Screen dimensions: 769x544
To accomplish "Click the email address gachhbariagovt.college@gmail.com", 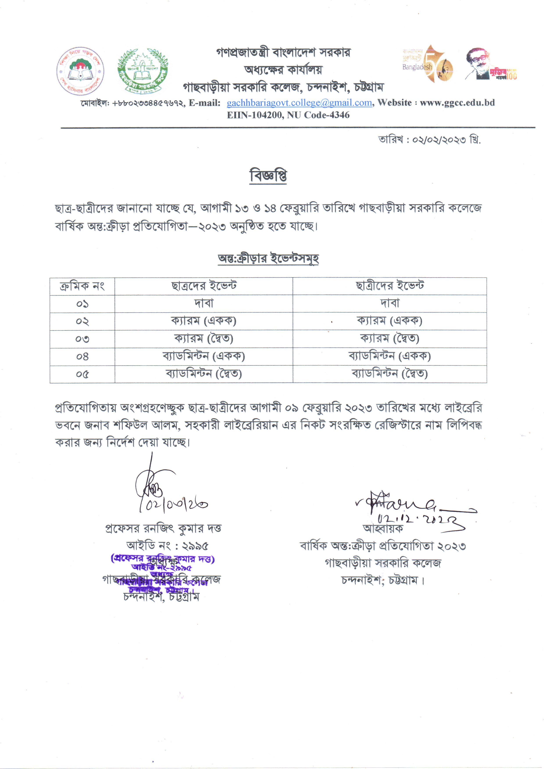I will click(x=299, y=103).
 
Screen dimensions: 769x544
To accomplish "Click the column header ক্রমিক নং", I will click(x=82, y=286).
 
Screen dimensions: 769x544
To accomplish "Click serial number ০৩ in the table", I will click(x=82, y=339).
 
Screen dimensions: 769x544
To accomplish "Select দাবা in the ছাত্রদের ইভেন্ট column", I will click(x=204, y=304).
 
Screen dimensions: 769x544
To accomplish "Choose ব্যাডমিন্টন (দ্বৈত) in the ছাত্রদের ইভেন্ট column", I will click(x=204, y=374).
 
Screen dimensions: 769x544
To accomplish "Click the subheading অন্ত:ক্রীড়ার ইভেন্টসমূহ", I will click(x=268, y=259).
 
